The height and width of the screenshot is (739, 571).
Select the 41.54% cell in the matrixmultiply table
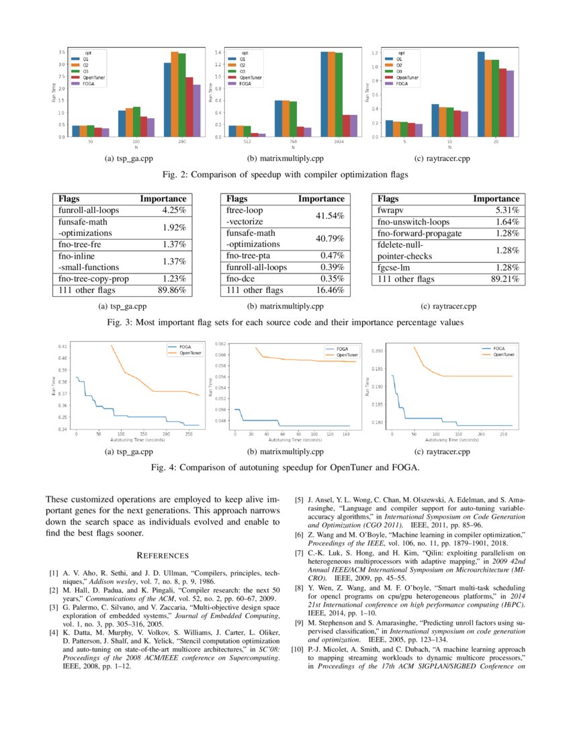[330, 216]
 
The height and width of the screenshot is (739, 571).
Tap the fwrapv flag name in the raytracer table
[390, 210]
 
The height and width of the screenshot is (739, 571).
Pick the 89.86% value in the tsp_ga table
[171, 290]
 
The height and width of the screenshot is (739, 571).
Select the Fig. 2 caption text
[285, 175]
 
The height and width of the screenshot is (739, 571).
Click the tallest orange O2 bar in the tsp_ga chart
[175, 94]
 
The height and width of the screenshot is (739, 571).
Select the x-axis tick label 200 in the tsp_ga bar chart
[182, 141]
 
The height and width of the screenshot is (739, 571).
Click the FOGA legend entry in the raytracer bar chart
[402, 84]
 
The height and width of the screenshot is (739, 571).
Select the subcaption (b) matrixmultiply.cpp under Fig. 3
[285, 306]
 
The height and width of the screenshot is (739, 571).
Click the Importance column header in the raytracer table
[496, 199]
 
